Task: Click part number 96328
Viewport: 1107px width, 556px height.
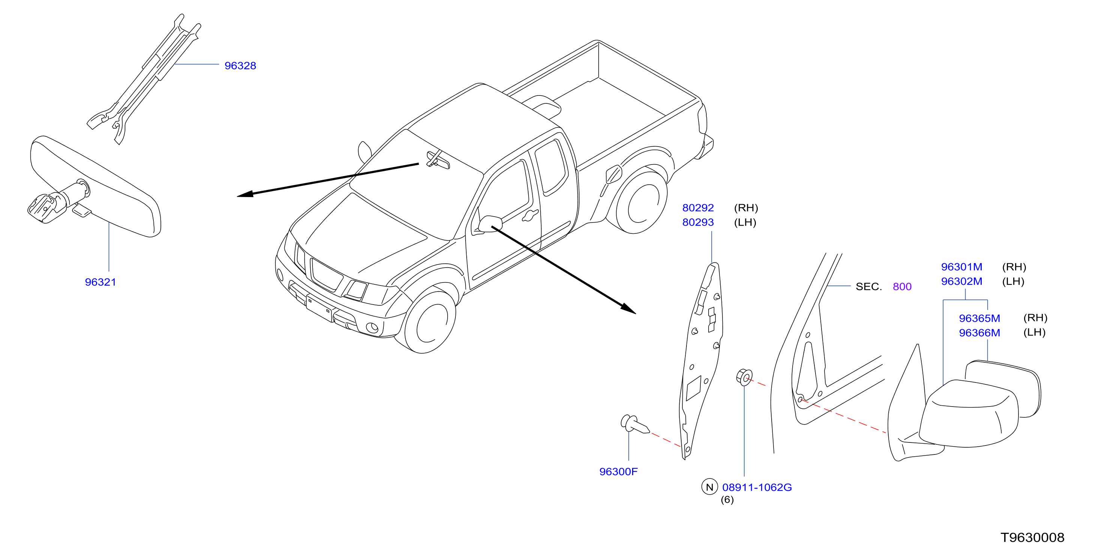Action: [x=240, y=66]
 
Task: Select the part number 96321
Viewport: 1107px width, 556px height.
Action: [x=101, y=282]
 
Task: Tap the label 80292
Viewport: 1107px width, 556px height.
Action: [x=698, y=208]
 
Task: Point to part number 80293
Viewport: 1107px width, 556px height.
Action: [x=698, y=223]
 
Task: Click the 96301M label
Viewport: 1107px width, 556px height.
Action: [x=962, y=267]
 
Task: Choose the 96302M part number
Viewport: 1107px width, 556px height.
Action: [x=962, y=282]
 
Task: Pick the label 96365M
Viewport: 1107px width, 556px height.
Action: [x=980, y=318]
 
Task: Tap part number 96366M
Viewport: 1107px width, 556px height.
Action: [x=980, y=333]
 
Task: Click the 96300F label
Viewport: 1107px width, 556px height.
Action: [x=618, y=471]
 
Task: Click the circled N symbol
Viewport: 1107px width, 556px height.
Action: [x=709, y=487]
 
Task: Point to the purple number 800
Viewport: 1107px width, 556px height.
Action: [x=902, y=286]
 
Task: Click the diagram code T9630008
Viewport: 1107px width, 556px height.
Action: [x=1032, y=538]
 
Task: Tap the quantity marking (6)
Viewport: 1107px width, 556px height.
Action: [x=727, y=500]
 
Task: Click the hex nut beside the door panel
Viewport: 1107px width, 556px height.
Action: [x=744, y=377]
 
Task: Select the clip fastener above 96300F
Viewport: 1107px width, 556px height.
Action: [x=635, y=424]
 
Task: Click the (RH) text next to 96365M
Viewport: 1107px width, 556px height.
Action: [x=1035, y=318]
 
